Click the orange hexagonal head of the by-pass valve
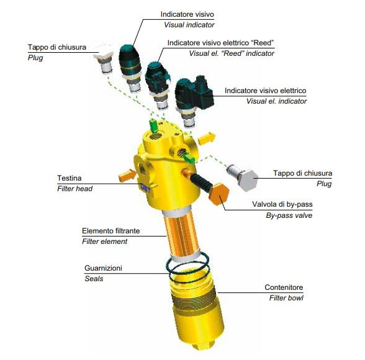(x=219, y=194)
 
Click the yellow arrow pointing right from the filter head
(x=207, y=138)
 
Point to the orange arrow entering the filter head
(x=127, y=176)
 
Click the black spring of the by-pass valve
(x=201, y=182)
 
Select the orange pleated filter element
(x=181, y=235)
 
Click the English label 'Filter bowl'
(x=286, y=298)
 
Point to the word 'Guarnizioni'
(x=103, y=268)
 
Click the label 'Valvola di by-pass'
(x=282, y=204)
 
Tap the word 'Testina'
(x=70, y=178)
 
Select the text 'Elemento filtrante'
(x=110, y=231)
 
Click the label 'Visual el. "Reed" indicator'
(x=232, y=53)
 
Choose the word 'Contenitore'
(x=284, y=287)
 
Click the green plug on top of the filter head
(x=153, y=125)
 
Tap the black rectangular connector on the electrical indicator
(x=202, y=92)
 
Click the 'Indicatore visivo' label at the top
(x=187, y=14)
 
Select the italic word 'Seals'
(x=94, y=279)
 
